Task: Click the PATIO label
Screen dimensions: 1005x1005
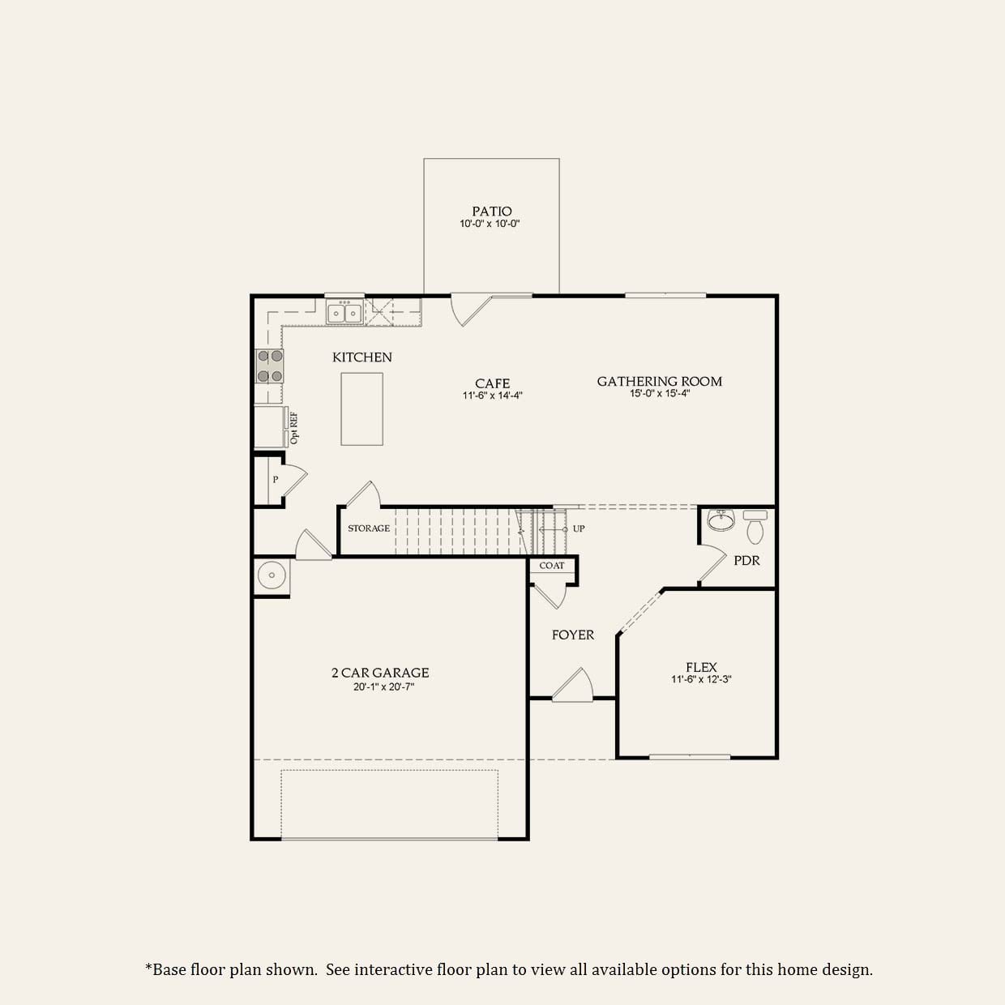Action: click(x=492, y=212)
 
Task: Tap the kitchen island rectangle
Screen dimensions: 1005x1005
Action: click(x=361, y=408)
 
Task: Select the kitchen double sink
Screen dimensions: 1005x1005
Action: click(x=344, y=312)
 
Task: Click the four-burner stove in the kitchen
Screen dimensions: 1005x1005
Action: click(x=270, y=366)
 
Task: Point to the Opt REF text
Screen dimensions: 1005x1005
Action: click(x=294, y=428)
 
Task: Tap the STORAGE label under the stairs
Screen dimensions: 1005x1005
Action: click(x=369, y=528)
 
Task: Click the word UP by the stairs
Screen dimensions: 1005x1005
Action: click(x=579, y=528)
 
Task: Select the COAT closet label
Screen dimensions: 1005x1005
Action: click(x=552, y=566)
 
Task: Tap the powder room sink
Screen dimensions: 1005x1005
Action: click(x=721, y=520)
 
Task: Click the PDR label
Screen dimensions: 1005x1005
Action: click(x=746, y=560)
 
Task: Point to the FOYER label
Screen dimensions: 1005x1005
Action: click(x=573, y=635)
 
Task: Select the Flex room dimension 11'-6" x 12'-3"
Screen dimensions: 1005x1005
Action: click(x=701, y=680)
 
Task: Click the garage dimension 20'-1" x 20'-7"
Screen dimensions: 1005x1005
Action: click(x=380, y=686)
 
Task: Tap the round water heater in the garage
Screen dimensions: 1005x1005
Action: click(x=271, y=575)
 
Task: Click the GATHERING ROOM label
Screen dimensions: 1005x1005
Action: click(x=659, y=381)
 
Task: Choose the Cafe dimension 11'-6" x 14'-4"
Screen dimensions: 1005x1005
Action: click(x=492, y=396)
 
